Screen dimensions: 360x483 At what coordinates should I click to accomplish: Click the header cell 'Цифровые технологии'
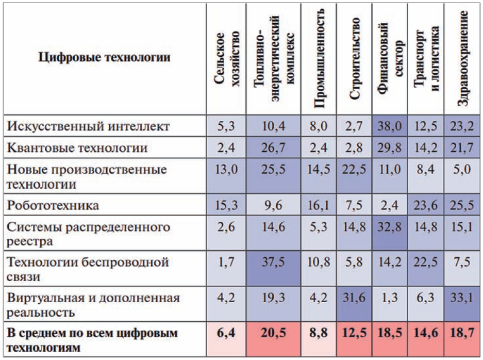[x=104, y=57]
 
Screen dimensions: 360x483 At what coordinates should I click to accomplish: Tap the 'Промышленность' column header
[x=319, y=59]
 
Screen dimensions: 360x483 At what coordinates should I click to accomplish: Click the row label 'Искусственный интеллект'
[x=88, y=126]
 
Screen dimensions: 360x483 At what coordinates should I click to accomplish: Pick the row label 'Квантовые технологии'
[x=77, y=148]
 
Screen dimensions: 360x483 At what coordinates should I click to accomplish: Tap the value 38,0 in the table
[x=389, y=126]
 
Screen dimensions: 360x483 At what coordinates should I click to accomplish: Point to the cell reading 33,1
[x=462, y=298]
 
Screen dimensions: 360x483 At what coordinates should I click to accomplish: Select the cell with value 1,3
[x=389, y=298]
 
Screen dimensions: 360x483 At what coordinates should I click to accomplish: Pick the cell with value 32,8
[x=389, y=227]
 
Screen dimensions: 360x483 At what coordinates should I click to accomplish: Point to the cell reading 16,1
[x=319, y=205]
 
